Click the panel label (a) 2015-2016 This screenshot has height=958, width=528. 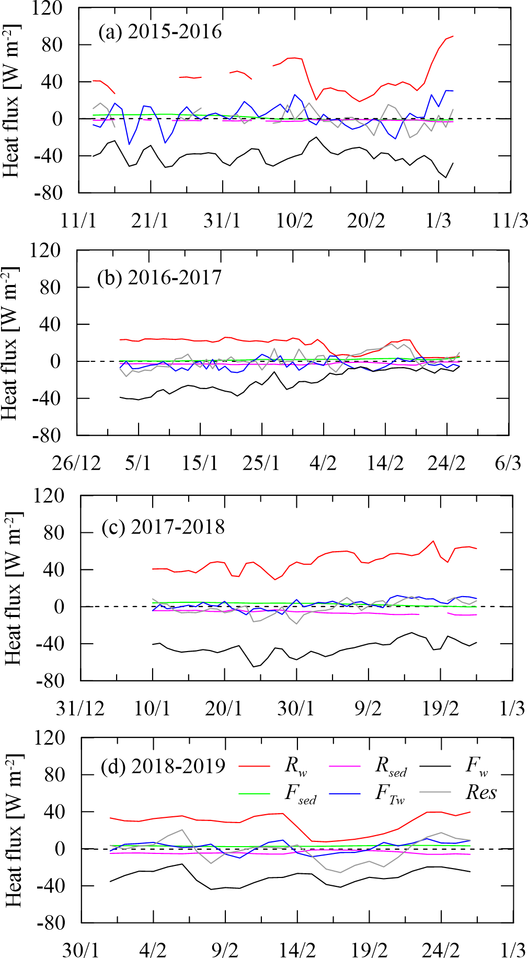point(160,32)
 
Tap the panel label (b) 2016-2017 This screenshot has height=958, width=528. point(159,277)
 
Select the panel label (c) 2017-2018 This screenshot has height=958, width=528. point(163,527)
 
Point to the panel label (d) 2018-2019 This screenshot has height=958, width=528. point(163,767)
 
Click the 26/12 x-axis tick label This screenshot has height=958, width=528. point(76,463)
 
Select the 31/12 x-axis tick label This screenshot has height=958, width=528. point(80,709)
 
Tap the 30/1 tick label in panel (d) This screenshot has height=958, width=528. point(81,949)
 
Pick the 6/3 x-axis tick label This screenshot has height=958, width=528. point(508,463)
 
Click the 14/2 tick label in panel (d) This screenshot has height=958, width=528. point(297,949)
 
